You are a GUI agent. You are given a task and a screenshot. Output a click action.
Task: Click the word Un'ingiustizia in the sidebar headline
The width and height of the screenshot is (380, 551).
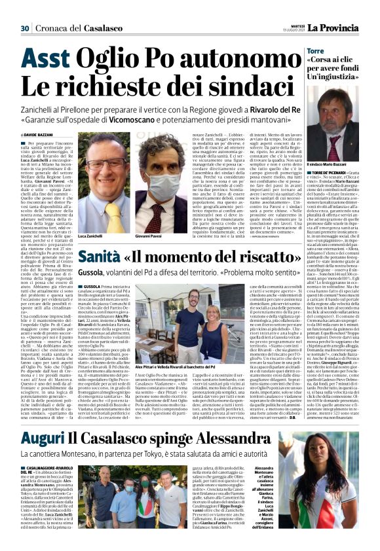point(341,77)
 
